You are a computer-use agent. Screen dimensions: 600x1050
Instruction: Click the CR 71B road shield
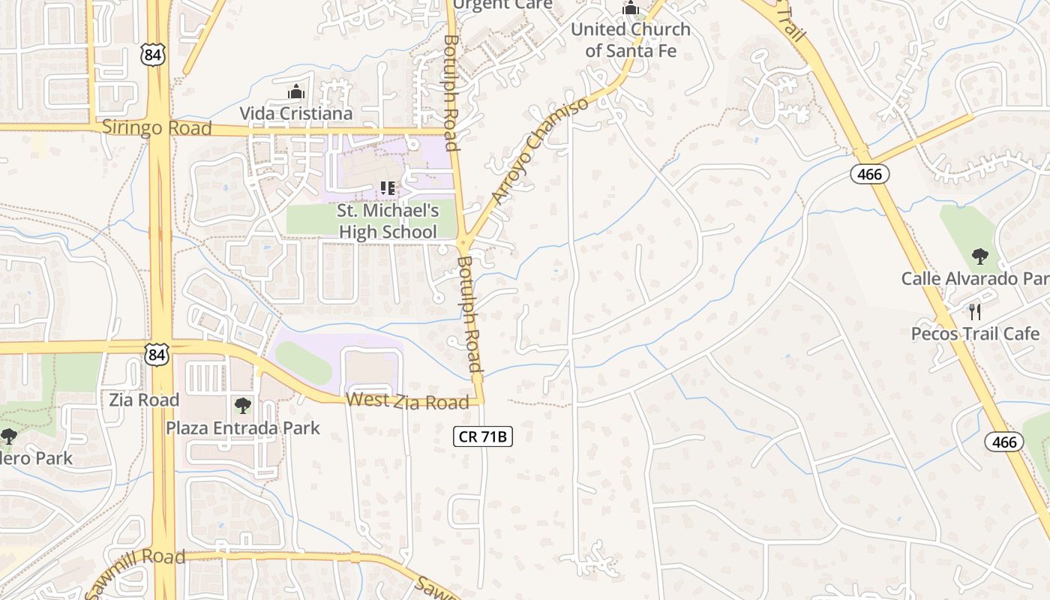click(483, 436)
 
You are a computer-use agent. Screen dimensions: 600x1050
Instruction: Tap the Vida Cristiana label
click(295, 113)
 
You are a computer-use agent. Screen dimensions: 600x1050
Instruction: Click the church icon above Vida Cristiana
click(296, 92)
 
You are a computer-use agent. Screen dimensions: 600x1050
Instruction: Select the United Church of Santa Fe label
click(631, 40)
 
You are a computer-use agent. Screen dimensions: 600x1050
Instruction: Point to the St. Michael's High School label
click(388, 221)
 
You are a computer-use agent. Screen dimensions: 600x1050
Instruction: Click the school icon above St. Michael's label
click(388, 187)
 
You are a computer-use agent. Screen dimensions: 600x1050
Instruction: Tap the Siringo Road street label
click(157, 127)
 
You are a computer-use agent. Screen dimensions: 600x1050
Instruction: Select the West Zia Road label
click(407, 401)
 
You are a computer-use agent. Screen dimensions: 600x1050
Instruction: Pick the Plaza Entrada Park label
click(242, 428)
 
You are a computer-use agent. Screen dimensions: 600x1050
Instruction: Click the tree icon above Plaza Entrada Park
click(242, 406)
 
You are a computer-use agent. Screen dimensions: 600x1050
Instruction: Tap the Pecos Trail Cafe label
click(975, 334)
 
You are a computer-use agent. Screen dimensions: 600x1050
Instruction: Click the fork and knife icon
click(975, 311)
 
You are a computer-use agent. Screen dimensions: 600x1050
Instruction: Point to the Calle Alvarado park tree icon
click(979, 256)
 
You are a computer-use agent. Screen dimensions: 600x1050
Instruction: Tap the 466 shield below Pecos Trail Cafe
click(1003, 442)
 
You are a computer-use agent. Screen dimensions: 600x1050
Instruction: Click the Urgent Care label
click(502, 4)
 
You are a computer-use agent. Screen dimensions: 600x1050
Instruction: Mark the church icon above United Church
click(631, 8)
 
